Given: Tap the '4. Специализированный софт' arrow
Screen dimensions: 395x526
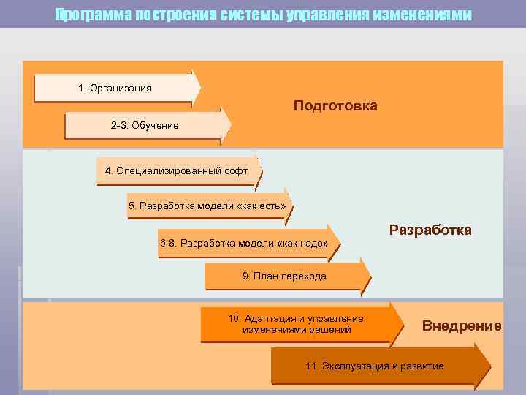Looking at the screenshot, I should [178, 171].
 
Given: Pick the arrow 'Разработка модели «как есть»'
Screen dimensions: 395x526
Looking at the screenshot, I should [207, 206].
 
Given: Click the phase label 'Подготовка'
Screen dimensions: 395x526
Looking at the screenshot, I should [335, 106].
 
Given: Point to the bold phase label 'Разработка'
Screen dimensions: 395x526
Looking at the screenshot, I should [430, 230].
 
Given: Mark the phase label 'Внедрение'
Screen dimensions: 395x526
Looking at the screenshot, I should [462, 326].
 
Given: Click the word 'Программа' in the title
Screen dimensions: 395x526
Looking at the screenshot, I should [93, 15].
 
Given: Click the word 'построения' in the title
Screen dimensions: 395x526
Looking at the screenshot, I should [173, 15].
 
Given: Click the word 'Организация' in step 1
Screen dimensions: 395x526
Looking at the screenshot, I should [121, 89].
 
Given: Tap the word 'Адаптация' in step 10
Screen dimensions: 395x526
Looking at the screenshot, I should [268, 319].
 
